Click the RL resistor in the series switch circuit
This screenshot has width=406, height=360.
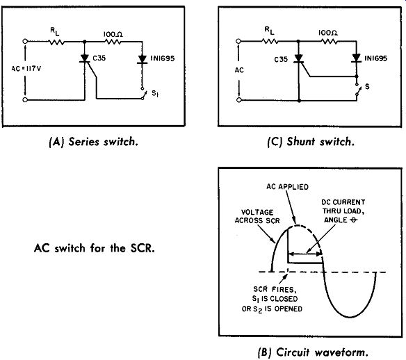pos(57,42)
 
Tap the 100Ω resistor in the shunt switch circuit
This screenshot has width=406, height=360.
pos(329,41)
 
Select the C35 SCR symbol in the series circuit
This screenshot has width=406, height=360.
pos(85,58)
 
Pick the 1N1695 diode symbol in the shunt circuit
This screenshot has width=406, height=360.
pos(357,58)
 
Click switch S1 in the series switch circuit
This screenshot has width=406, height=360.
pos(143,93)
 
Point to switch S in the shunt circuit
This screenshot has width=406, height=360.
pos(357,90)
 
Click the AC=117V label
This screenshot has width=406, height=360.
pos(26,69)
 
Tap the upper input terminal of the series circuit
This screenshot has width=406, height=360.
pos(25,41)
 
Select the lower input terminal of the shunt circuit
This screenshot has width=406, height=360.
pos(238,100)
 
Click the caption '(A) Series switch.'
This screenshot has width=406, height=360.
pos(93,142)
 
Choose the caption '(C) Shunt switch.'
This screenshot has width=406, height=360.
pos(311,142)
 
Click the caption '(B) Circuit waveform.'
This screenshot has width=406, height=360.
pos(314,352)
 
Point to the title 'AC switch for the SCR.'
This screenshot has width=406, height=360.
pos(95,248)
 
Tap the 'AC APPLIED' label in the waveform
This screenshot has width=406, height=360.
pos(287,187)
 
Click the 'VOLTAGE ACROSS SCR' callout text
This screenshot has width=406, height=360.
pos(257,216)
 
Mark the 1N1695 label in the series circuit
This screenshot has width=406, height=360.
pos(163,58)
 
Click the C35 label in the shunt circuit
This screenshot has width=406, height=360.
pos(281,60)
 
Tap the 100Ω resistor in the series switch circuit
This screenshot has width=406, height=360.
pos(113,42)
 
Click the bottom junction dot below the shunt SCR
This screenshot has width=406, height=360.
pos(299,100)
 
